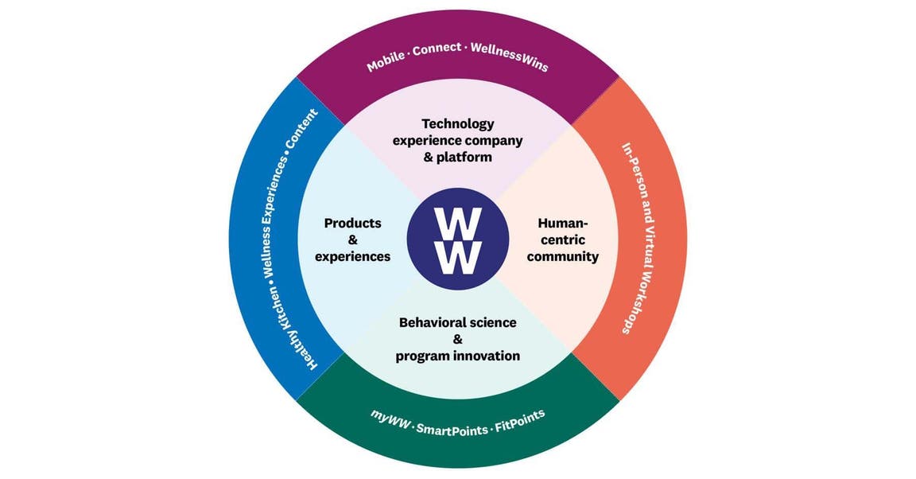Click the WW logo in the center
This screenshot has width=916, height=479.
point(458,240)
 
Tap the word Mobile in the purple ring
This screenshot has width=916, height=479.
point(386,60)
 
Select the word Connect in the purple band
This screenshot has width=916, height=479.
point(437,49)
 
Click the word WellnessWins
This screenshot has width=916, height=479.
point(510,56)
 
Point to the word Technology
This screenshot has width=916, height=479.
point(458,124)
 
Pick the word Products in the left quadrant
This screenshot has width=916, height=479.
point(353,224)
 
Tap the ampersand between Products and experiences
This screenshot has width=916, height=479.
point(353,240)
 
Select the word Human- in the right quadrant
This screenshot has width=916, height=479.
point(563,224)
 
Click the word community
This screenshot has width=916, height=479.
point(563,257)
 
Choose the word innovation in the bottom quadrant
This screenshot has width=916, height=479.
point(489,356)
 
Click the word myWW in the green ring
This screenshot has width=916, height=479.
point(391,419)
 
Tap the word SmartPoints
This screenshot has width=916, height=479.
point(452,430)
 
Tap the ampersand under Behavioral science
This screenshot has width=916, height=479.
point(458,339)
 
